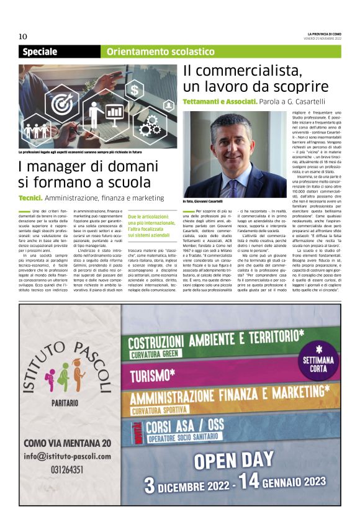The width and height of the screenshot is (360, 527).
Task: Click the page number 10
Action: pos(23,36)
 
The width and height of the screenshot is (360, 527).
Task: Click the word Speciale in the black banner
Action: pos(41,52)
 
